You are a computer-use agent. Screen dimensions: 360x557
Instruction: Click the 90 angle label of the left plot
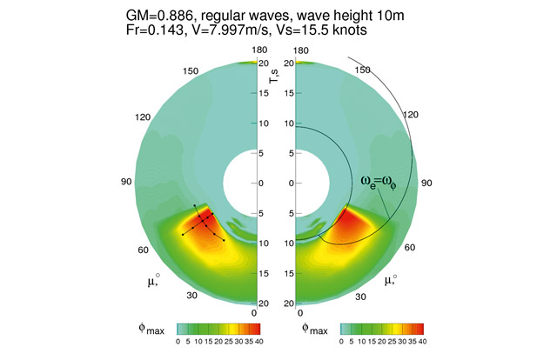pyautogui.click(x=124, y=183)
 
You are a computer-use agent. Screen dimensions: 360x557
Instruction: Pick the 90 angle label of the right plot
pyautogui.click(x=426, y=183)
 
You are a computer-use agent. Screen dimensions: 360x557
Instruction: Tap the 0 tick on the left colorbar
pyautogui.click(x=178, y=342)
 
